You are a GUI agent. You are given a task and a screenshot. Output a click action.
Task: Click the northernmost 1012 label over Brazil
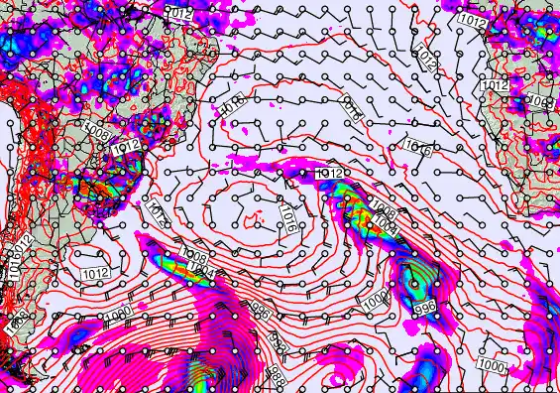178,13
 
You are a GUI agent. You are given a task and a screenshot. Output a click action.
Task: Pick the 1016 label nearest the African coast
417,150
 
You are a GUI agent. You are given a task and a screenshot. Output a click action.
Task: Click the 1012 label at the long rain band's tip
330,174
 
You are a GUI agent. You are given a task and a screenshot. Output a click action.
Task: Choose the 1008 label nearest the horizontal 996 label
384,214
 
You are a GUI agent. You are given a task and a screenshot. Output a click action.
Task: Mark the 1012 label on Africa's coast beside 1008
495,87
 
